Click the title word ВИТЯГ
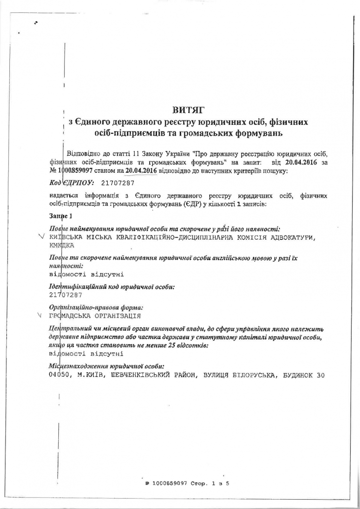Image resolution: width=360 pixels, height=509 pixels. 188,109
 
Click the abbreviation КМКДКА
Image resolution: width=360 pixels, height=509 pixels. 61,244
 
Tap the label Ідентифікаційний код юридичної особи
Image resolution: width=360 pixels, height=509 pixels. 112,286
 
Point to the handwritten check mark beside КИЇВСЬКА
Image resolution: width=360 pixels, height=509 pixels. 41,237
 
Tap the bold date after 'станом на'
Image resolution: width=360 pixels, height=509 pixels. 141,170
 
